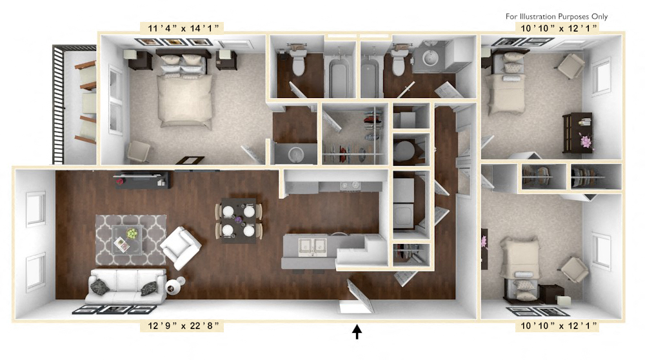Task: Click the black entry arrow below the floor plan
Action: point(357,332)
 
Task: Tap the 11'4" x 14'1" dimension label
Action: point(181,27)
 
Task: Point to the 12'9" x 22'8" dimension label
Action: point(181,326)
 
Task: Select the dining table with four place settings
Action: point(238,221)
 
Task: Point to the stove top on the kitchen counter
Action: point(348,188)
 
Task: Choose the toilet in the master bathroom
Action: point(297,62)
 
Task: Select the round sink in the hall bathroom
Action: point(430,61)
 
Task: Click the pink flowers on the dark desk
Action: point(586,141)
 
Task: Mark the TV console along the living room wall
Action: point(143,180)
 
